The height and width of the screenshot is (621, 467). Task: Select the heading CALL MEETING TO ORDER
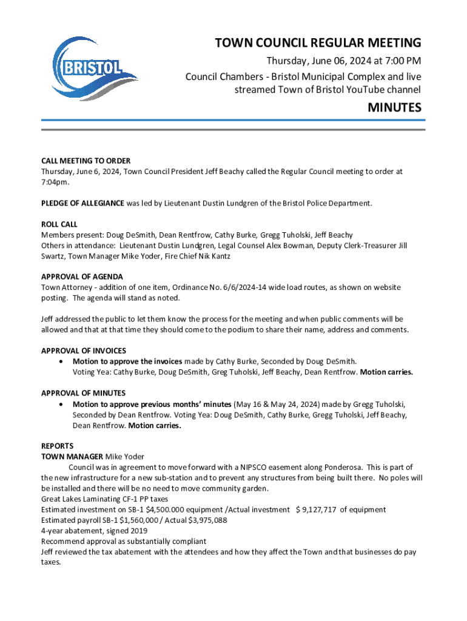point(86,161)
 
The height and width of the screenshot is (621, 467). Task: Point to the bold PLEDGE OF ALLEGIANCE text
point(82,203)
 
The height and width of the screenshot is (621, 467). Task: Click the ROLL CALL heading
point(59,224)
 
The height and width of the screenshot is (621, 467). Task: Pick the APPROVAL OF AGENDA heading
point(80,277)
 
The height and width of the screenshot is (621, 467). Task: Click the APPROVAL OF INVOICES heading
point(84,351)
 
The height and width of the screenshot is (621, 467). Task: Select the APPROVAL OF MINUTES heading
point(83,393)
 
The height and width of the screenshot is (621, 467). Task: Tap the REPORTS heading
point(57,446)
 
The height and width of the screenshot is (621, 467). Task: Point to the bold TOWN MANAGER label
point(72,457)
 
